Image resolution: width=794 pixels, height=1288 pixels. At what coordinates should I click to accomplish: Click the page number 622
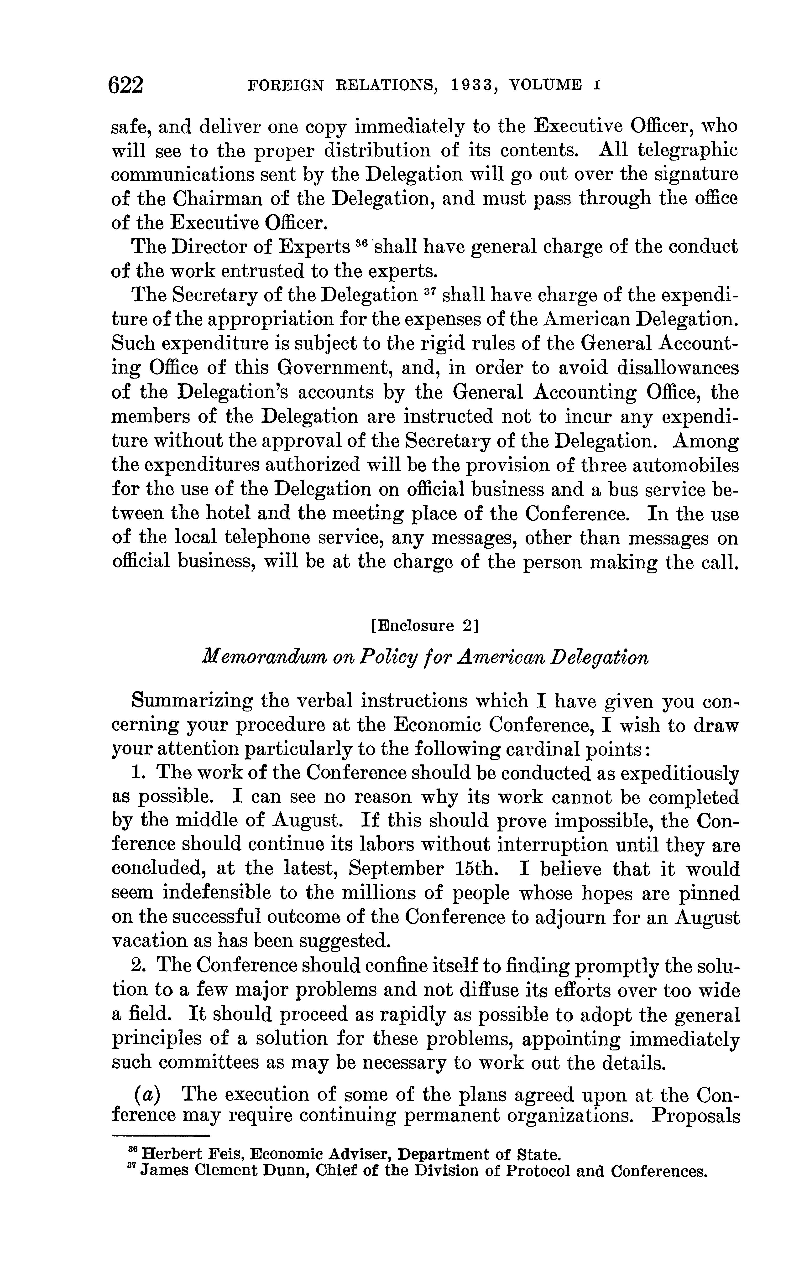coord(125,85)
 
